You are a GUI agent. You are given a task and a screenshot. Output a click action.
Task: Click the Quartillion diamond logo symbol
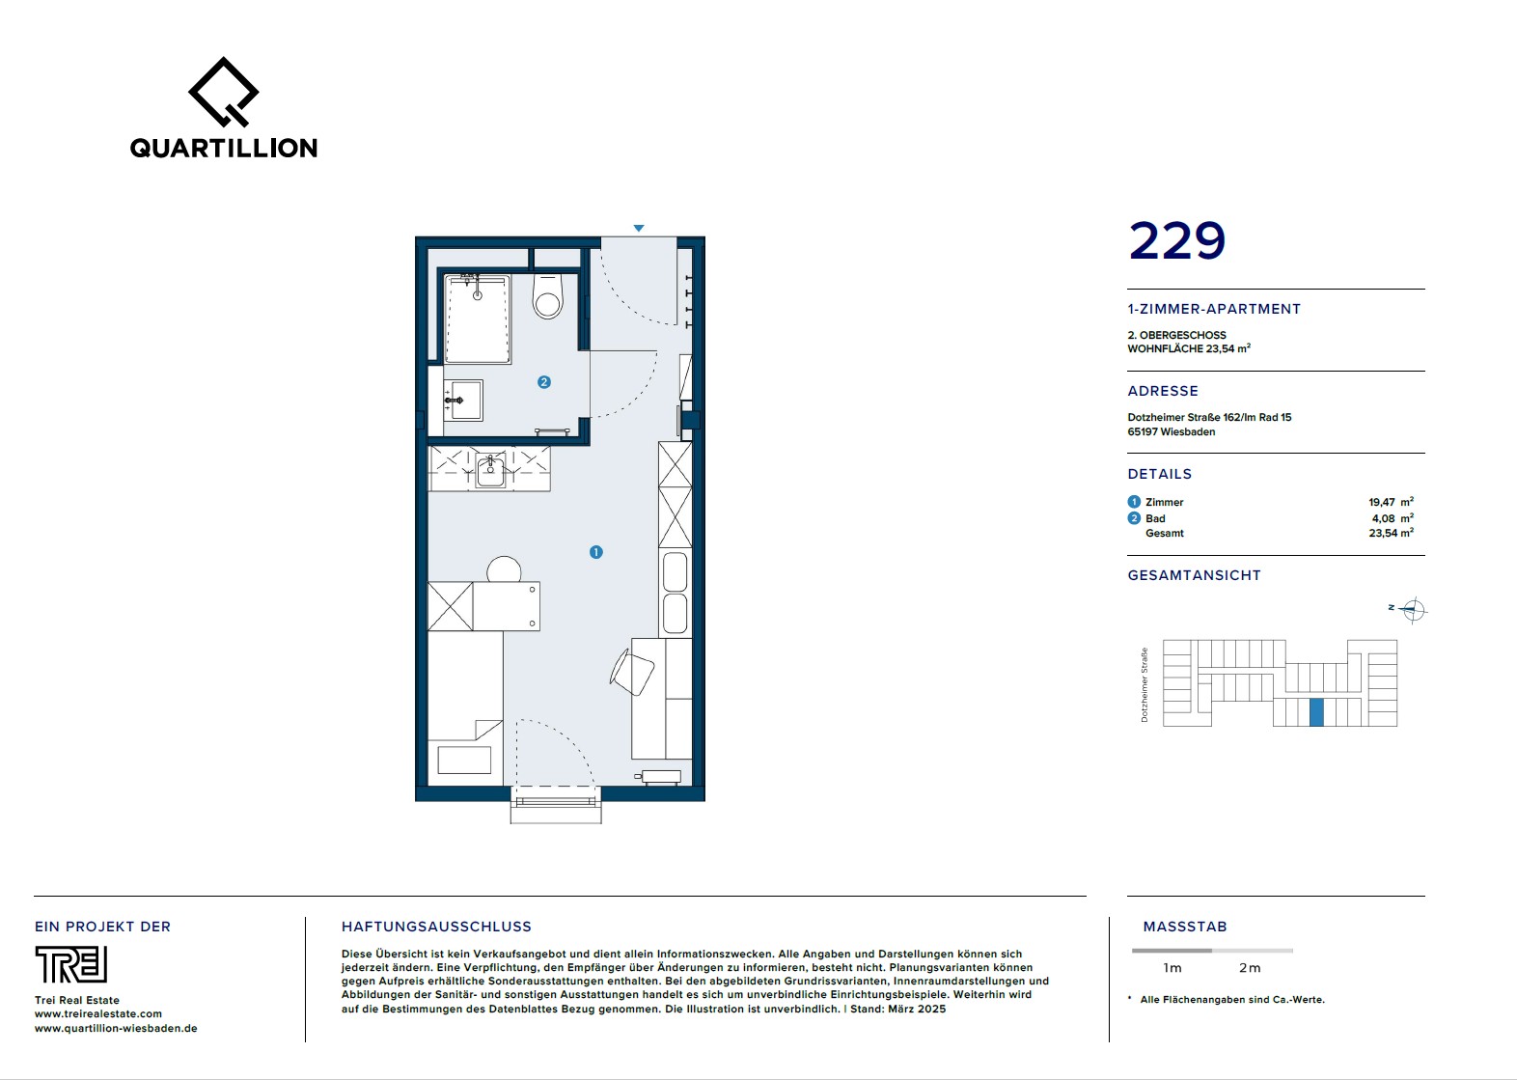(x=224, y=92)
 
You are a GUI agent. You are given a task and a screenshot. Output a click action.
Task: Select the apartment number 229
(x=1177, y=240)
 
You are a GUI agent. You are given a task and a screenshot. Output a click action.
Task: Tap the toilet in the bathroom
(x=547, y=296)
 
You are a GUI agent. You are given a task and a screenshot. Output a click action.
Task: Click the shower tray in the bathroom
(x=478, y=318)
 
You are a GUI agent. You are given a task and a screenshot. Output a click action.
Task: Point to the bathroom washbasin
(x=463, y=401)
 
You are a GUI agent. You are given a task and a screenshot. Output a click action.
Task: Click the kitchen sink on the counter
(x=489, y=470)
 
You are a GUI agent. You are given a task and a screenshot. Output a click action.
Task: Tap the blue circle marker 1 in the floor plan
(x=596, y=552)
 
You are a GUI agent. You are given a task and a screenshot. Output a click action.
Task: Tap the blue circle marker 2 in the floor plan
(x=544, y=382)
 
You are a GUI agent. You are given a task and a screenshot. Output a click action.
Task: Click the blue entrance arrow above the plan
(x=639, y=228)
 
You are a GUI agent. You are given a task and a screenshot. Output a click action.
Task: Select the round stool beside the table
(x=504, y=568)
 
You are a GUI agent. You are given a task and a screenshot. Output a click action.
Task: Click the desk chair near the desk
(x=632, y=671)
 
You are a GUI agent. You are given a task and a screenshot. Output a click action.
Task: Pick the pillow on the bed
(x=464, y=760)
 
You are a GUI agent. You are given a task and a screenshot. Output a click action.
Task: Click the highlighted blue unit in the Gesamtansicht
(x=1316, y=712)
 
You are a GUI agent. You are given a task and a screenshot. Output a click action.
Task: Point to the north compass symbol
(x=1413, y=609)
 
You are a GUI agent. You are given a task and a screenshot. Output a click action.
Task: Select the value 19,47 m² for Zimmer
(x=1391, y=502)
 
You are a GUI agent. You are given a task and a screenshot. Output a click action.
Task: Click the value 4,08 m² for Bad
(x=1393, y=518)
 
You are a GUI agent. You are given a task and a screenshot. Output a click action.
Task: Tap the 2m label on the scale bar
(x=1250, y=968)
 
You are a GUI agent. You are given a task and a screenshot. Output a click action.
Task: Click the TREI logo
(x=71, y=964)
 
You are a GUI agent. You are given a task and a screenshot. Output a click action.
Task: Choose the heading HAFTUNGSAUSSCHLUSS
(x=437, y=927)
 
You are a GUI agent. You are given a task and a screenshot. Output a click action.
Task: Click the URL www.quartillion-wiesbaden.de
(x=116, y=1028)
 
